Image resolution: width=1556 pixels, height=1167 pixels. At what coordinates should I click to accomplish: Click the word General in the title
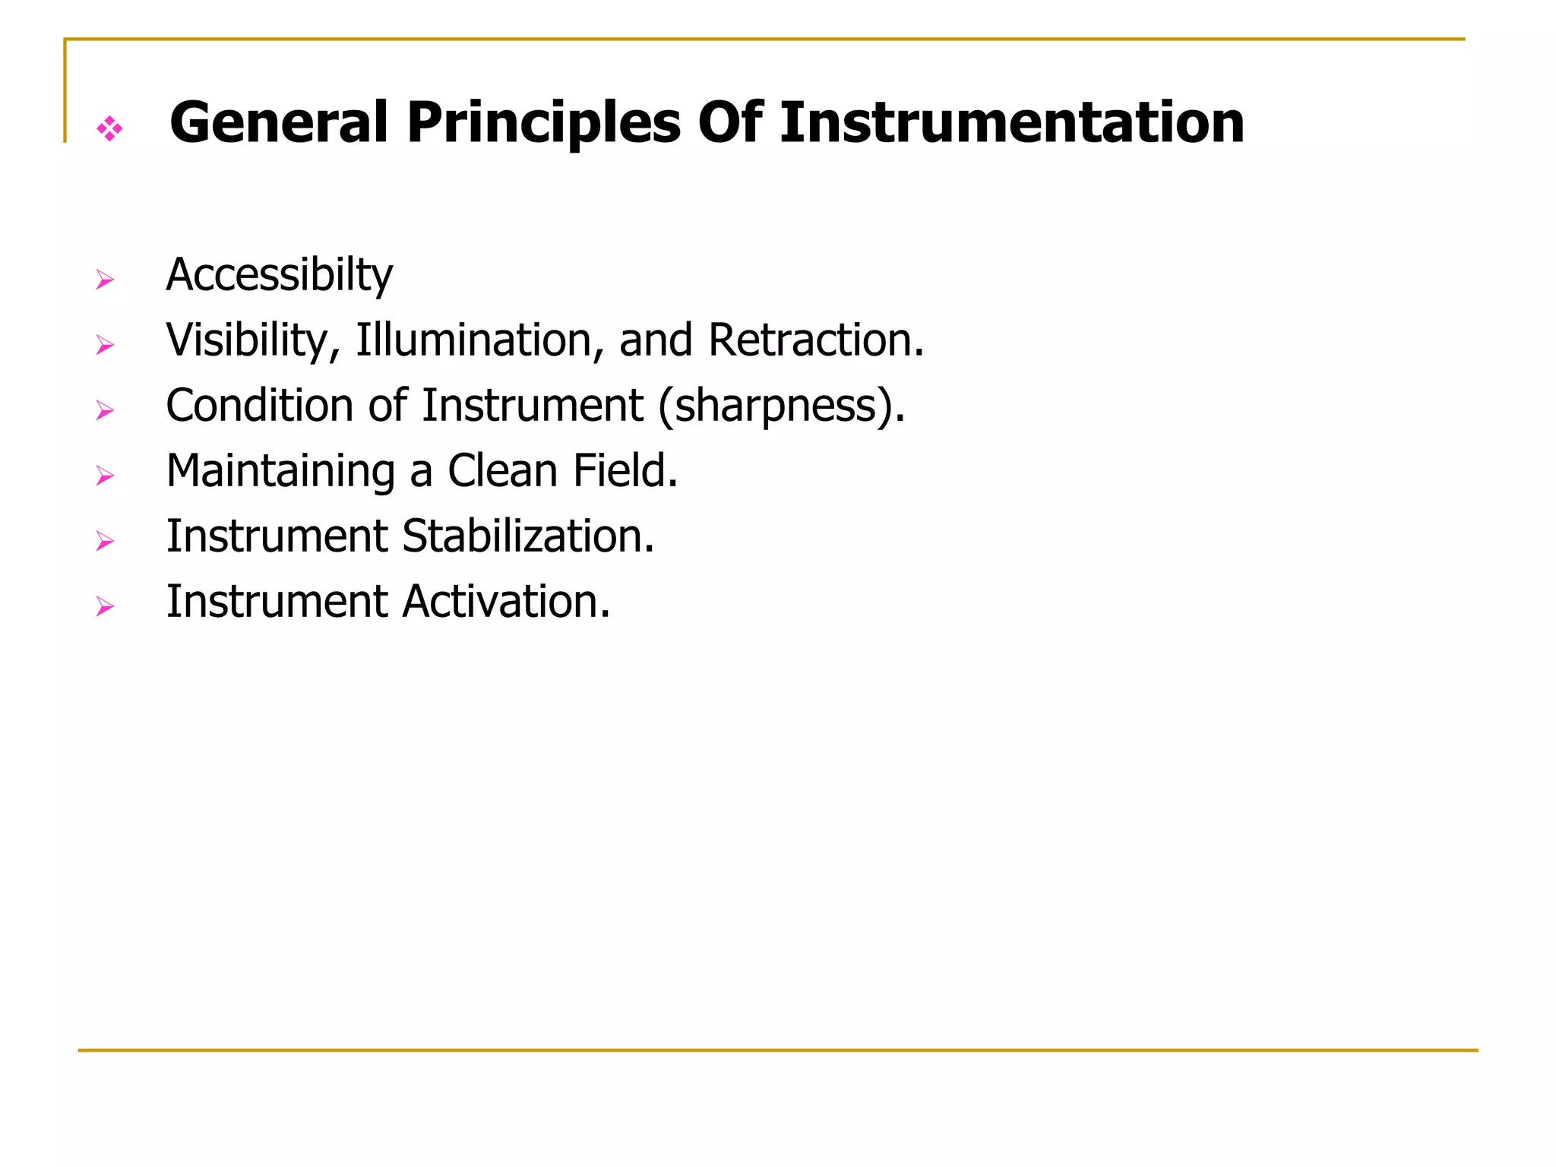[x=278, y=122]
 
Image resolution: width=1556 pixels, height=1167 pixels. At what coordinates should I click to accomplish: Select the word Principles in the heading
[x=543, y=124]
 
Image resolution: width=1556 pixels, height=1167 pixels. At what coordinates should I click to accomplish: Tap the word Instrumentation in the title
[x=1011, y=122]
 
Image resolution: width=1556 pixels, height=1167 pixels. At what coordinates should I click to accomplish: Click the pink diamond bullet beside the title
[x=110, y=128]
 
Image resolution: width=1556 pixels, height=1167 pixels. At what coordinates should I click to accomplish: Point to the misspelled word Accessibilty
[x=279, y=276]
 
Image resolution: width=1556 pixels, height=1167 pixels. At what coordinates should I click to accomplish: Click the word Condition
[x=259, y=405]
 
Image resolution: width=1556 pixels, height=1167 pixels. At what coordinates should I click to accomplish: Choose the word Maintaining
[x=280, y=472]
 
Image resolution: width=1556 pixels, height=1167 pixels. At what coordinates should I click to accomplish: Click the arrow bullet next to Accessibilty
[x=105, y=280]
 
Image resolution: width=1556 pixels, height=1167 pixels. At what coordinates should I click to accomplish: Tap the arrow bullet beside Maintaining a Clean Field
[x=105, y=476]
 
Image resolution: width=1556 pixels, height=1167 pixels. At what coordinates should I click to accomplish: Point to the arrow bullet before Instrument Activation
[x=105, y=607]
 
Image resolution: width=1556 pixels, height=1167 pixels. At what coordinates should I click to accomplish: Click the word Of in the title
[x=729, y=122]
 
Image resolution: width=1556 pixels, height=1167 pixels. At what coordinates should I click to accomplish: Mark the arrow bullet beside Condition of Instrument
[x=105, y=411]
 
